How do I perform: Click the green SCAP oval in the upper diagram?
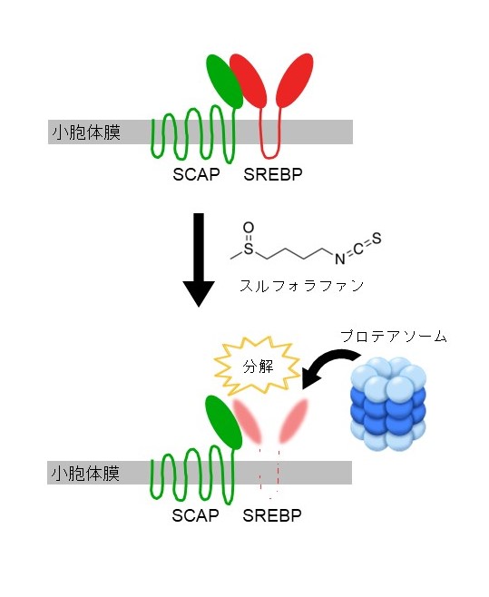[x=225, y=81]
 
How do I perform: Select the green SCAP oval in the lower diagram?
[x=223, y=422]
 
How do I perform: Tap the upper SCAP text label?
[x=196, y=174]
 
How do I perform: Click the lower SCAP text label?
[x=195, y=515]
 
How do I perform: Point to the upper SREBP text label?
[x=273, y=174]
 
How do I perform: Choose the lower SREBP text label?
[x=272, y=515]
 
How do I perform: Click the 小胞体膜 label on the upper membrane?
[x=86, y=132]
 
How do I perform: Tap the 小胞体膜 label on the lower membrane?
[x=85, y=474]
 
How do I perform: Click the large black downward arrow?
[x=199, y=259]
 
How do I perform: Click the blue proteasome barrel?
[x=387, y=404]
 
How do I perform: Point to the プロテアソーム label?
[x=394, y=337]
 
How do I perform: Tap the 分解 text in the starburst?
[x=259, y=367]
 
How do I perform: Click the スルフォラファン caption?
[x=301, y=286]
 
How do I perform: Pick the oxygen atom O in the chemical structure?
[x=249, y=228]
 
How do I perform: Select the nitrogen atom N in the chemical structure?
[x=339, y=259]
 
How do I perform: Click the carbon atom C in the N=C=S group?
[x=358, y=249]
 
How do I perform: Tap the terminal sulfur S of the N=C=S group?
[x=377, y=239]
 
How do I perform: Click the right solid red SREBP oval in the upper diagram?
[x=294, y=81]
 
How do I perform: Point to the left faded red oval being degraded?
[x=248, y=420]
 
